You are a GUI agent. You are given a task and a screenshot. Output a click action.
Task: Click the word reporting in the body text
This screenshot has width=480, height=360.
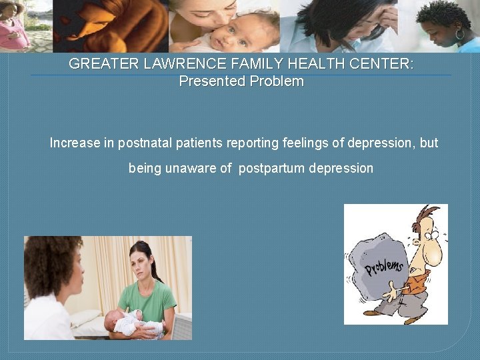point(254,143)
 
